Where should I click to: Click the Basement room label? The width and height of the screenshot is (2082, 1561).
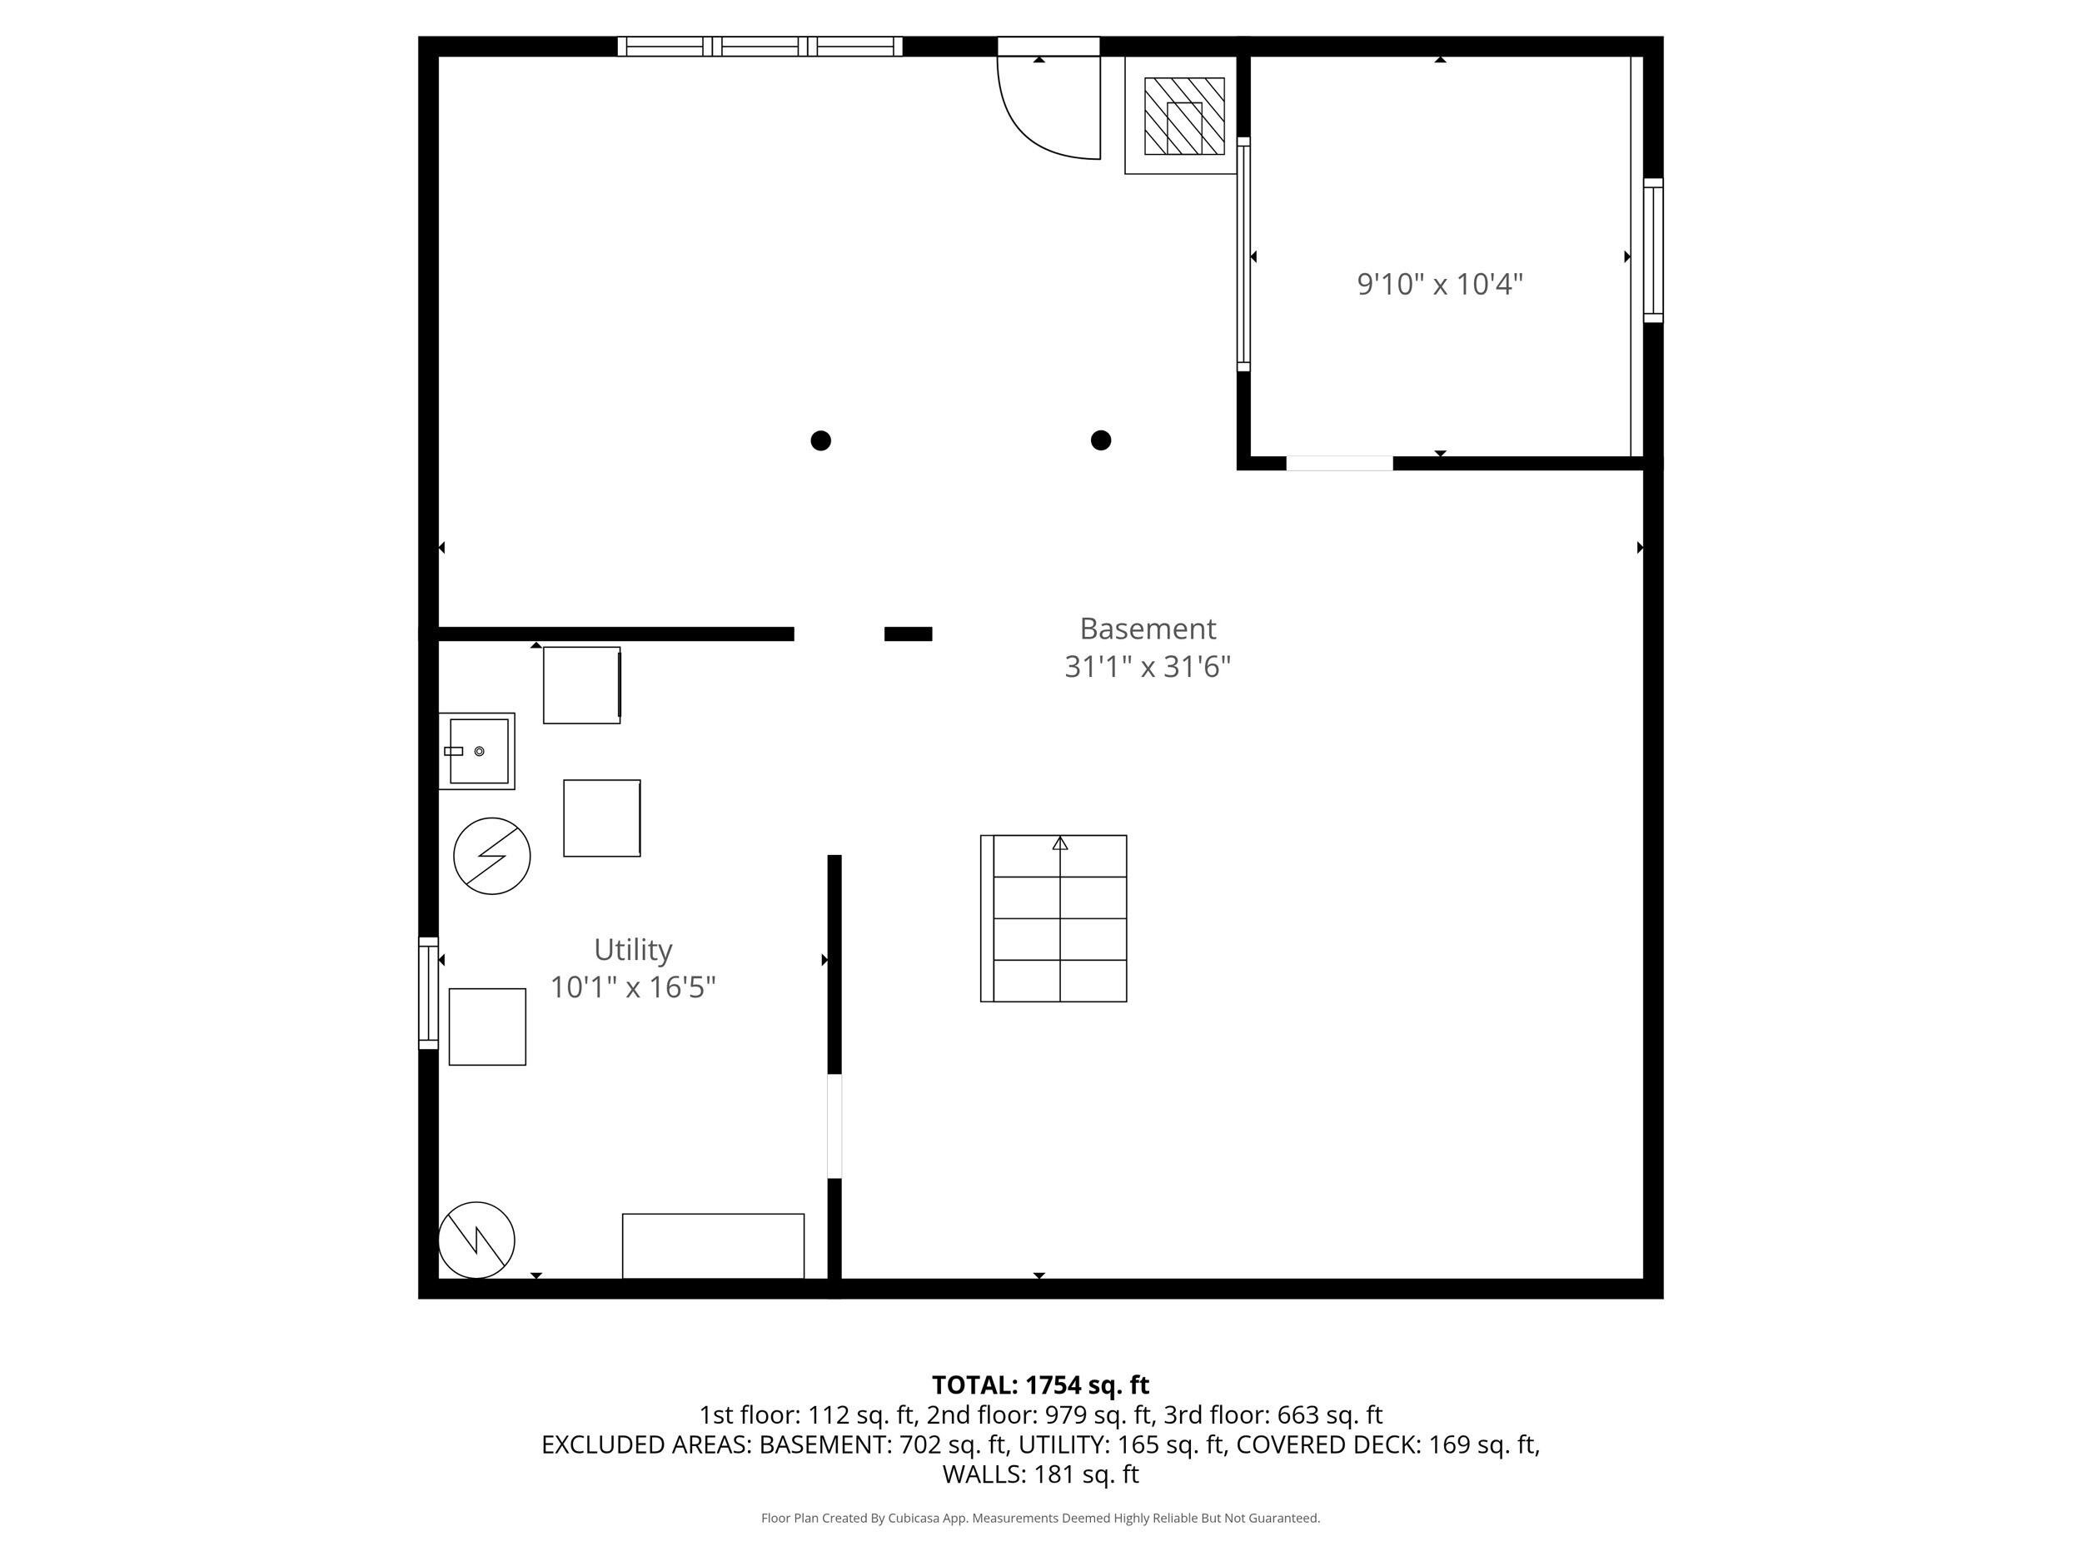click(1148, 629)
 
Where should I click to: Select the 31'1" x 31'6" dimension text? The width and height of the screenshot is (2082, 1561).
click(1148, 667)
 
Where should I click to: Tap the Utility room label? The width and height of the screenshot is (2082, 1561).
click(632, 949)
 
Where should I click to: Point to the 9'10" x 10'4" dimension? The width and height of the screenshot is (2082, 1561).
click(1439, 284)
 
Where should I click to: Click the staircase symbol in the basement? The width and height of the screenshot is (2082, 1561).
click(1053, 918)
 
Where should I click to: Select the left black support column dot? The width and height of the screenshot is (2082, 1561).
click(821, 440)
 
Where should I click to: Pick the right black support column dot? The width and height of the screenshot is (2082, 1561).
click(1100, 440)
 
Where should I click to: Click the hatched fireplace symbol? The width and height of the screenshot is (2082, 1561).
click(1183, 117)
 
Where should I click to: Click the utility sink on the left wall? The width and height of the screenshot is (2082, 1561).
click(478, 751)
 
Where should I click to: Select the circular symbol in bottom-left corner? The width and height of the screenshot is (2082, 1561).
click(476, 1240)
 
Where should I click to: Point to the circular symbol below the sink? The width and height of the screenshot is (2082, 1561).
click(491, 856)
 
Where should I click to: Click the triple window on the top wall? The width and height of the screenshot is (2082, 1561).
click(760, 46)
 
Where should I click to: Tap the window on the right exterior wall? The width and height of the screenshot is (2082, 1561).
click(1653, 251)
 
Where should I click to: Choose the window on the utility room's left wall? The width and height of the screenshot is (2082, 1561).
click(428, 992)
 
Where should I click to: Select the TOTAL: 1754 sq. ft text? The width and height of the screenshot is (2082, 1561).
click(1040, 1385)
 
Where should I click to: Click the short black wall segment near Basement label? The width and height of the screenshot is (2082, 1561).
click(909, 634)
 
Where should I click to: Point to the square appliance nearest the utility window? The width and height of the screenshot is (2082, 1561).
click(486, 1027)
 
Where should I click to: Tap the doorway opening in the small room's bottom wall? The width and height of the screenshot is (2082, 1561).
click(1338, 463)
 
